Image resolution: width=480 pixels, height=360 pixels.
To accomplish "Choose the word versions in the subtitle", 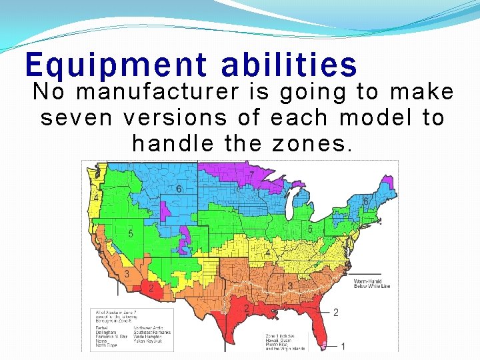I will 175,117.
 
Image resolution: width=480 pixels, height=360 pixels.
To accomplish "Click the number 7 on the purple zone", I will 251,175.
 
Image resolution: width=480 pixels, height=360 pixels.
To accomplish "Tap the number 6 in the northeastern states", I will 366,201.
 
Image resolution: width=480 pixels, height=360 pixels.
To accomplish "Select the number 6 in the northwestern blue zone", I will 179,189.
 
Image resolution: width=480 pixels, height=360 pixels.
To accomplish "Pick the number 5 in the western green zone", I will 131,233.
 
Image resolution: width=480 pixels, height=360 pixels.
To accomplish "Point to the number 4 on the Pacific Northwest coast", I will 97,198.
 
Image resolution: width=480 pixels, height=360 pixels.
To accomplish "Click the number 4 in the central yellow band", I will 268,253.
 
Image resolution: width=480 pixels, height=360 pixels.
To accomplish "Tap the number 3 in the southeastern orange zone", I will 290,286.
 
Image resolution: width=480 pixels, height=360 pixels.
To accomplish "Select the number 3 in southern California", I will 126,274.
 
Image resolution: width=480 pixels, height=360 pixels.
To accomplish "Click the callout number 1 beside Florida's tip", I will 343,346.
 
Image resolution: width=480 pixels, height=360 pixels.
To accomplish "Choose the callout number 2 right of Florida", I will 336,312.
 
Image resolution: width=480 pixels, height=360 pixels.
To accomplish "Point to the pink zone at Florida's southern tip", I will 325,345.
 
